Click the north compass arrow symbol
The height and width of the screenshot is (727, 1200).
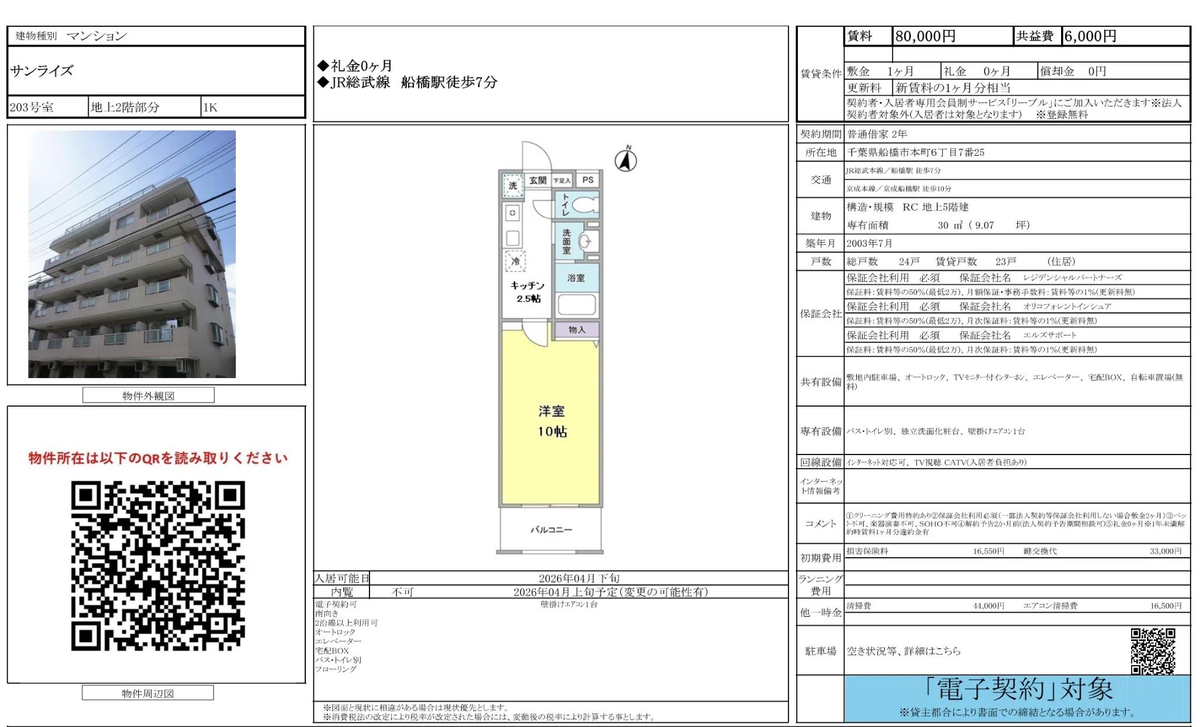coord(626,160)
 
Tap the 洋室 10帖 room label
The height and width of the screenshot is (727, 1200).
coord(552,421)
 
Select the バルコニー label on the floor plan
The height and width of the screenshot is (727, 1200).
coord(551,530)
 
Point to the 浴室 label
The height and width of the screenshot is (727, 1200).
coord(575,278)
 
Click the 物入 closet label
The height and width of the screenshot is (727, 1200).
coord(577,330)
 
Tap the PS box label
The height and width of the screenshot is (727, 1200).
coord(588,180)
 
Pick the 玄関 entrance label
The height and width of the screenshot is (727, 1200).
coord(538,180)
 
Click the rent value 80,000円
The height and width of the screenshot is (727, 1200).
coord(925,36)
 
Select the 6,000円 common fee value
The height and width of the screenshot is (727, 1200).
coord(1090,36)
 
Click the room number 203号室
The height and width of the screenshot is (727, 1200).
coord(32,107)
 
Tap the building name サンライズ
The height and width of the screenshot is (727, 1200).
coord(42,71)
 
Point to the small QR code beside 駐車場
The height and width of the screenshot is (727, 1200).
coord(1152,651)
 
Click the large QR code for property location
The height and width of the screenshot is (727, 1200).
coord(158,565)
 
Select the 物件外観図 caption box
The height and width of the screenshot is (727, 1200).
coord(148,396)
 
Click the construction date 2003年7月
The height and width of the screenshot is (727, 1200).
coord(870,243)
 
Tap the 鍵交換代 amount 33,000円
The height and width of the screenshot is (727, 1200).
coord(1166,551)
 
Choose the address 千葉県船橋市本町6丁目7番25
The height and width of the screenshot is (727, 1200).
coord(916,152)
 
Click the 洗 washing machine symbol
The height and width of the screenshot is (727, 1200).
coord(512,186)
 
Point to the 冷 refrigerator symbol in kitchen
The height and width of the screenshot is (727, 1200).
coord(515,261)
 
